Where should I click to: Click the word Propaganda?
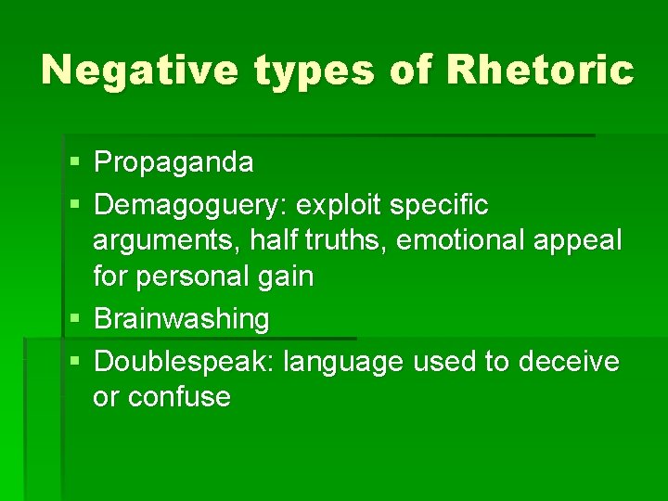click(173, 163)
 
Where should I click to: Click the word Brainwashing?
click(182, 320)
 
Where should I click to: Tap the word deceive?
click(569, 360)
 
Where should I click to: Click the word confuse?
click(179, 398)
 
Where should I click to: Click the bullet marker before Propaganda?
click(74, 164)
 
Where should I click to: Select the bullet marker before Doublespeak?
click(74, 361)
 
